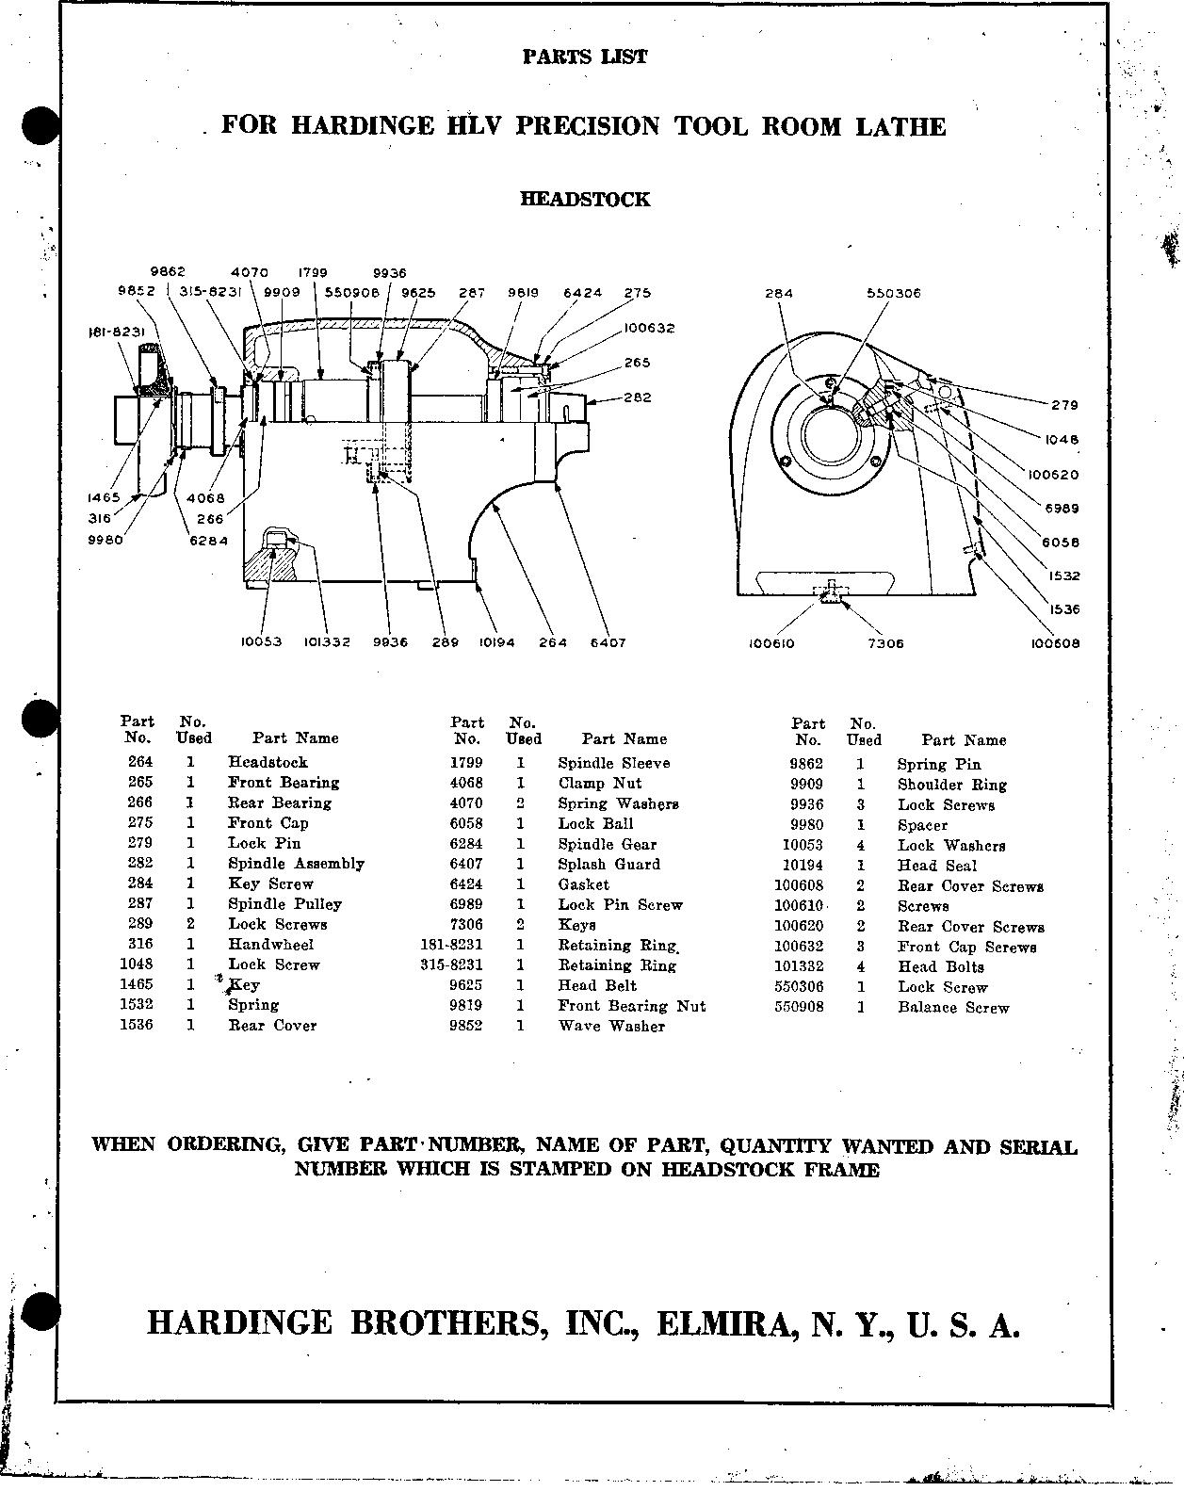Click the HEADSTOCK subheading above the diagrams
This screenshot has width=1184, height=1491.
click(585, 200)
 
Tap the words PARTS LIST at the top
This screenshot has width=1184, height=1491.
click(585, 57)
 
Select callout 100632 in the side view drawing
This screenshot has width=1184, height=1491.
click(649, 329)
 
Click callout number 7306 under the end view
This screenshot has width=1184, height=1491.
click(885, 643)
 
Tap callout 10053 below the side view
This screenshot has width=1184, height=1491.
click(261, 642)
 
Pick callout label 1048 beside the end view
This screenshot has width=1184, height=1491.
click(1062, 440)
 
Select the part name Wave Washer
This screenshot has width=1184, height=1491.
click(610, 1026)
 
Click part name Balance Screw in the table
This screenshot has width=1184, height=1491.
click(952, 1008)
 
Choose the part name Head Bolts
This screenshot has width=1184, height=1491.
click(940, 967)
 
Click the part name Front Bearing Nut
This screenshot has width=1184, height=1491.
click(631, 1006)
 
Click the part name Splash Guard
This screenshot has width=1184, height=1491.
click(608, 864)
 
